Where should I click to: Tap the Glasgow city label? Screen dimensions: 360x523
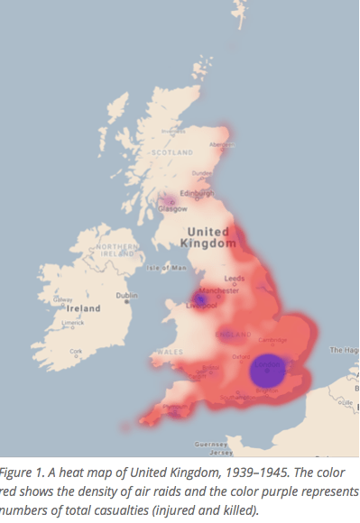(169, 208)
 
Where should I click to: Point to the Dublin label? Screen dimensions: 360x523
(127, 296)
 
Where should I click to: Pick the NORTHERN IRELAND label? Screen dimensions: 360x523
(117, 251)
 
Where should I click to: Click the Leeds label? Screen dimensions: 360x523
(235, 279)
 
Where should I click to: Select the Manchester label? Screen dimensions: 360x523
(221, 291)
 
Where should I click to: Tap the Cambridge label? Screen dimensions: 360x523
(273, 340)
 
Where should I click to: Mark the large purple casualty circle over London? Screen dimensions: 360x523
(267, 371)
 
